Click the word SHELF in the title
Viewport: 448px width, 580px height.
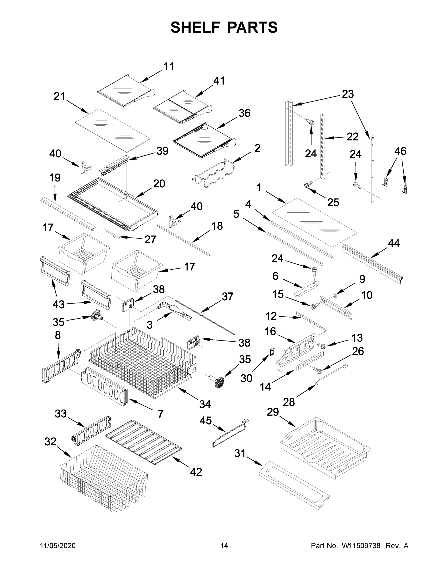(x=195, y=27)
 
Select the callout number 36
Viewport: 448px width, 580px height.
(x=244, y=113)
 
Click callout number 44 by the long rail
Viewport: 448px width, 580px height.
(x=394, y=243)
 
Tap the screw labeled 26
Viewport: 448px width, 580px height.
(x=317, y=370)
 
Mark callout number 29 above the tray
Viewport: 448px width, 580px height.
(x=273, y=412)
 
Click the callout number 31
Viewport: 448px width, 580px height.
(x=240, y=453)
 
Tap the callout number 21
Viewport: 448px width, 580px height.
(x=59, y=96)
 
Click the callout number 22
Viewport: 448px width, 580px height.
(x=352, y=137)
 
